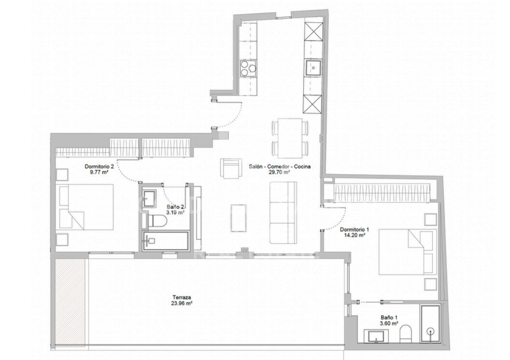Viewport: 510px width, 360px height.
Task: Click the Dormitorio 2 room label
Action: [x=99, y=166]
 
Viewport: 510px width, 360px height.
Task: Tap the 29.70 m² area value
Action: [x=280, y=173]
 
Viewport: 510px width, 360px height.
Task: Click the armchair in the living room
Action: [x=231, y=167]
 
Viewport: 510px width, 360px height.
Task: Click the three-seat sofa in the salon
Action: [x=283, y=213]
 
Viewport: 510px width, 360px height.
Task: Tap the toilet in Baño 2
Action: [x=157, y=222]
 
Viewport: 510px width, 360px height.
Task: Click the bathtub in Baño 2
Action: [x=166, y=240]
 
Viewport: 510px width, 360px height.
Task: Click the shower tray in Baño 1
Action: [x=430, y=324]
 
